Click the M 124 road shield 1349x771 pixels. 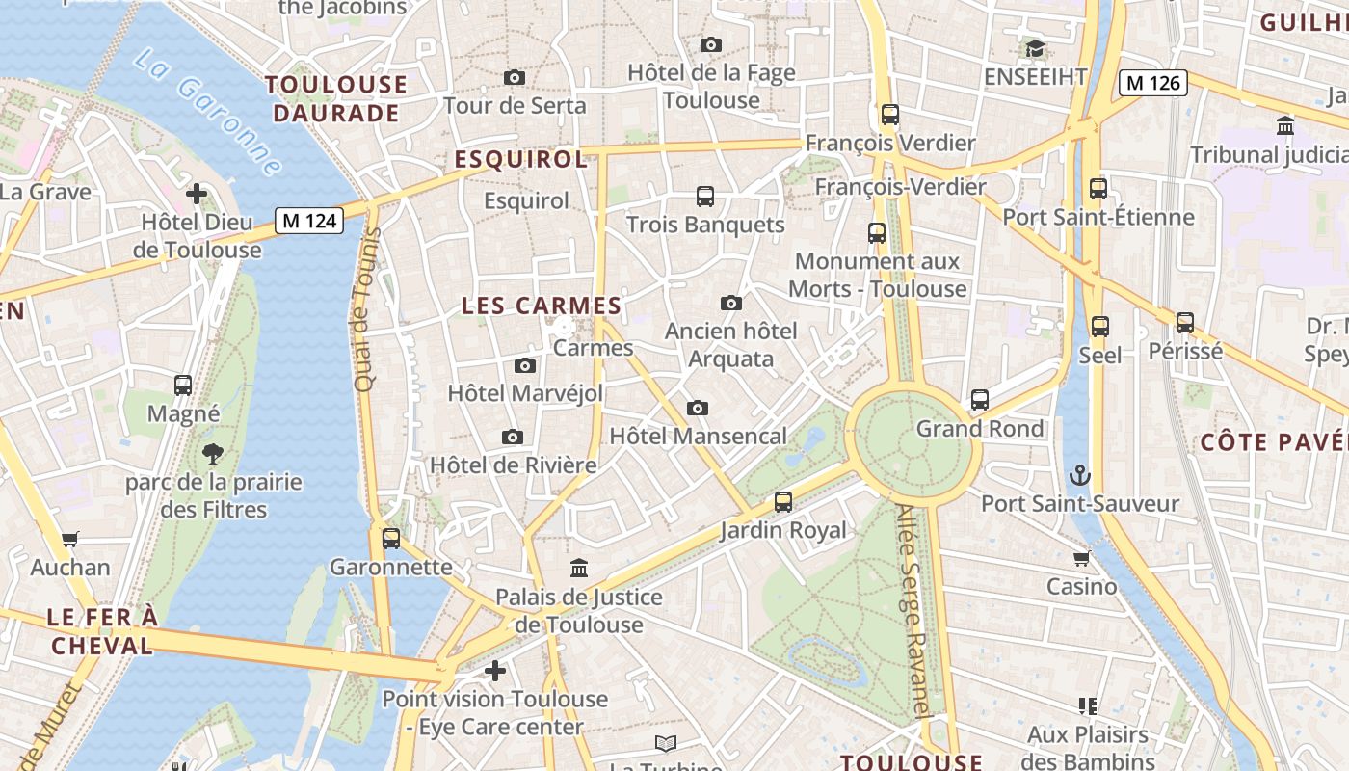click(x=309, y=221)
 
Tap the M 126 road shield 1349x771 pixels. click(x=1152, y=83)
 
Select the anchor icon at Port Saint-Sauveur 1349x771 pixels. click(x=1080, y=474)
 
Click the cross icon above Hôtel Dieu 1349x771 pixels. click(x=197, y=194)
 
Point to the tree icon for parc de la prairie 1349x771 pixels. click(x=213, y=453)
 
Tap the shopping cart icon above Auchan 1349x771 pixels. click(x=69, y=539)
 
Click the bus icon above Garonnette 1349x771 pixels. click(x=390, y=538)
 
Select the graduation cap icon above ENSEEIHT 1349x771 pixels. click(x=1035, y=48)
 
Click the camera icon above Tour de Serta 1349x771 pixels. click(x=515, y=77)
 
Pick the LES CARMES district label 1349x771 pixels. click(x=542, y=306)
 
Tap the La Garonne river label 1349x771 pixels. click(x=207, y=112)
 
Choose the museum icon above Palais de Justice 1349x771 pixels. click(x=579, y=568)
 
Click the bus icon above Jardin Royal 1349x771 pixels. click(x=783, y=501)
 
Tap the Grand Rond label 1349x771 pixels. click(x=979, y=428)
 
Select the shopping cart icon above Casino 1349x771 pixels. click(x=1081, y=558)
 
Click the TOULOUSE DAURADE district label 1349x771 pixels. click(x=336, y=98)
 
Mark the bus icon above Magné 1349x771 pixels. click(x=183, y=385)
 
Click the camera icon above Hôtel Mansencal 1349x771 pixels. click(x=698, y=408)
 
